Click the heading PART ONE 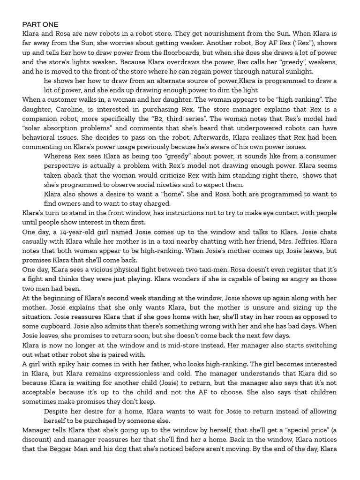(40, 24)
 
